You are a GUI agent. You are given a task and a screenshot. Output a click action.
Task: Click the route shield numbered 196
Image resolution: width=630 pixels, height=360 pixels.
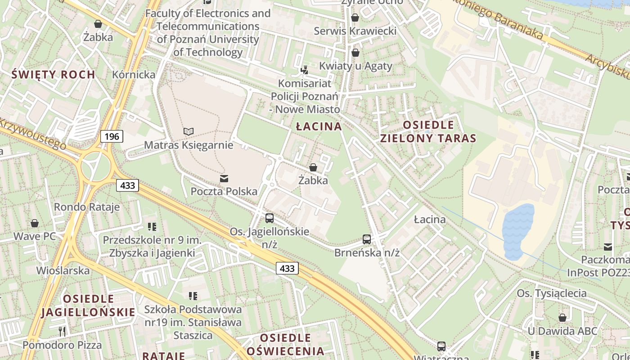tap(112, 136)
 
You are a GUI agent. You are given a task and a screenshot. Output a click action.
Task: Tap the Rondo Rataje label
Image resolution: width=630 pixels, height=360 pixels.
tap(87, 207)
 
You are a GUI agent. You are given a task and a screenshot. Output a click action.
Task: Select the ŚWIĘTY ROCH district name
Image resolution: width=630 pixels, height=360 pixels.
tap(53, 74)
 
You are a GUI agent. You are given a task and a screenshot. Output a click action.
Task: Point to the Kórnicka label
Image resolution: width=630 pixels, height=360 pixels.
tap(134, 74)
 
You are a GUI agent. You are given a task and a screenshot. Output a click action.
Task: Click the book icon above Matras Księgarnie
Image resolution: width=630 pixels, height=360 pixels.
tap(189, 131)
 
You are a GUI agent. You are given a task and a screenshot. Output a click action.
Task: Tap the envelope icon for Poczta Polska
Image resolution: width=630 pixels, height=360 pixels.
tap(224, 179)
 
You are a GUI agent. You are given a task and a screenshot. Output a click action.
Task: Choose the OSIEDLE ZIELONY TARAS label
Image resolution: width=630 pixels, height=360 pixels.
tap(428, 131)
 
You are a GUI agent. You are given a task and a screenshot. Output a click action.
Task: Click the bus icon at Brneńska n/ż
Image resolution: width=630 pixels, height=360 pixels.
tap(367, 239)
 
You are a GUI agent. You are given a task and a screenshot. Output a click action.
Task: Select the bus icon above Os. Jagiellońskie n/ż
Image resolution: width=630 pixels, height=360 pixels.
tap(270, 218)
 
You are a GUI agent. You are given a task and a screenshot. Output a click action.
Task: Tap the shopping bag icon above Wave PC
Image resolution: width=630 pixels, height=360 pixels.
tap(35, 223)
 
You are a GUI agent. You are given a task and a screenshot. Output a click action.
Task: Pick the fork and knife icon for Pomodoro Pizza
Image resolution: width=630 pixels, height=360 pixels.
tap(62, 332)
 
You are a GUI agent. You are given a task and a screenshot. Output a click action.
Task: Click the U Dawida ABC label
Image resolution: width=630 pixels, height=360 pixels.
tap(562, 331)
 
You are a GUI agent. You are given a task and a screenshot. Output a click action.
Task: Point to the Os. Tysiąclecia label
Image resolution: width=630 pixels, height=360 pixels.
tap(552, 293)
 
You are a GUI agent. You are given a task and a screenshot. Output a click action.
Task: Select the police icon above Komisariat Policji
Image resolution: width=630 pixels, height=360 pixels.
tap(305, 70)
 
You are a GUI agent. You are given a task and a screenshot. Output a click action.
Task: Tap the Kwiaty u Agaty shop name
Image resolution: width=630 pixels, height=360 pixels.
tap(355, 66)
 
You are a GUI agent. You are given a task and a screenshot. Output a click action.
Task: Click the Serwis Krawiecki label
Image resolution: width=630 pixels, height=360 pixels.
tap(355, 31)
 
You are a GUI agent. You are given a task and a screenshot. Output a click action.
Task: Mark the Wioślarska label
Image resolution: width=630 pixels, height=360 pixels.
tap(63, 271)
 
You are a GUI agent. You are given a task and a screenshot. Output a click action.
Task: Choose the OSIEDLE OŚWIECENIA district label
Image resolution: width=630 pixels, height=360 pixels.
tap(286, 344)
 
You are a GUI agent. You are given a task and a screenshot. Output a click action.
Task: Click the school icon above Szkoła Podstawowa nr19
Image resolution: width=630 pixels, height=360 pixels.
tap(193, 296)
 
